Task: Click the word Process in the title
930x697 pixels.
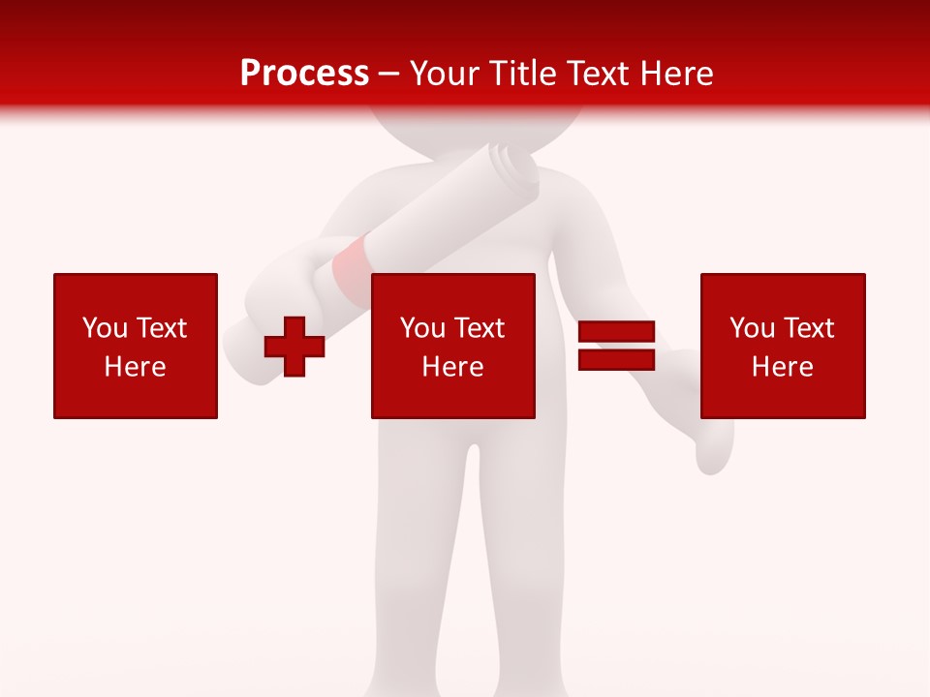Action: (304, 74)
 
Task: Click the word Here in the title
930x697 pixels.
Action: (677, 74)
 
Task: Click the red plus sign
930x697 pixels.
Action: (294, 347)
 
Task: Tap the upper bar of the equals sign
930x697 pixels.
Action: (616, 332)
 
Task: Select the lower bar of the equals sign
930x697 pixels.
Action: (616, 359)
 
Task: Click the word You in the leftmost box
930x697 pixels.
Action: (105, 328)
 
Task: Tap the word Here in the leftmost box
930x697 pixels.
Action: (135, 367)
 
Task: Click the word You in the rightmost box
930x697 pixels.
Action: (752, 328)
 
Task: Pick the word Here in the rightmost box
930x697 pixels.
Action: (782, 367)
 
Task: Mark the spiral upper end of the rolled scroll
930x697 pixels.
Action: (512, 166)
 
